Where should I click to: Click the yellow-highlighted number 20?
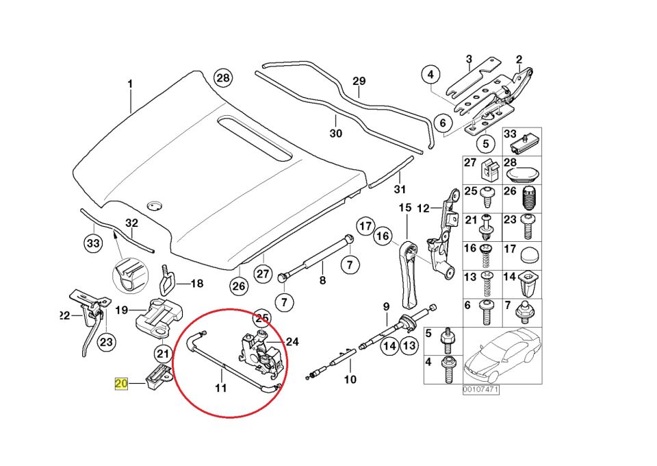click(121, 384)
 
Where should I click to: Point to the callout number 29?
click(360, 81)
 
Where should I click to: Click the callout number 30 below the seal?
click(335, 134)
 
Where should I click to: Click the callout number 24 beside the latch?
click(292, 341)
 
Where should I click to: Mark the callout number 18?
click(196, 283)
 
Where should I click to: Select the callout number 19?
click(122, 310)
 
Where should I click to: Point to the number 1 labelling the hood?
click(129, 84)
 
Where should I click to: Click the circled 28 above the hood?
click(223, 78)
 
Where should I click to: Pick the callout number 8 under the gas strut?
click(322, 280)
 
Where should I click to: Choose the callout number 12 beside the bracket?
click(423, 208)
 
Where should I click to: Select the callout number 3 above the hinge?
click(469, 59)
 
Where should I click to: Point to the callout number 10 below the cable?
click(350, 379)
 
